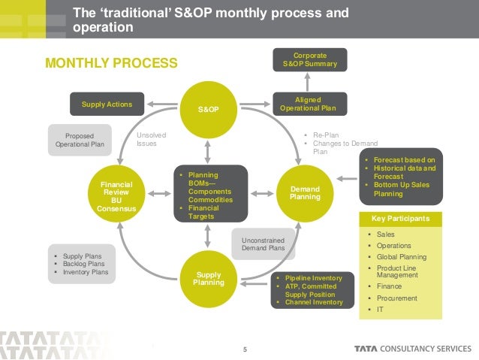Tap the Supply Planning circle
tap(208, 278)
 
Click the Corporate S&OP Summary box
tap(310, 60)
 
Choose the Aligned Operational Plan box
tap(310, 104)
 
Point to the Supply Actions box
tap(107, 104)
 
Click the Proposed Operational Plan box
tap(80, 140)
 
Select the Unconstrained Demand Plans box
tap(263, 244)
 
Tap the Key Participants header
tap(400, 219)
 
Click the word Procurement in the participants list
tap(397, 298)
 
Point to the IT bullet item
tap(380, 309)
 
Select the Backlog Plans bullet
tap(84, 264)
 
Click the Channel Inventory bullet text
tap(313, 302)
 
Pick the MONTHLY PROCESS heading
tap(111, 62)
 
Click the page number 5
tap(245, 348)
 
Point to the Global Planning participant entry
tap(402, 256)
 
